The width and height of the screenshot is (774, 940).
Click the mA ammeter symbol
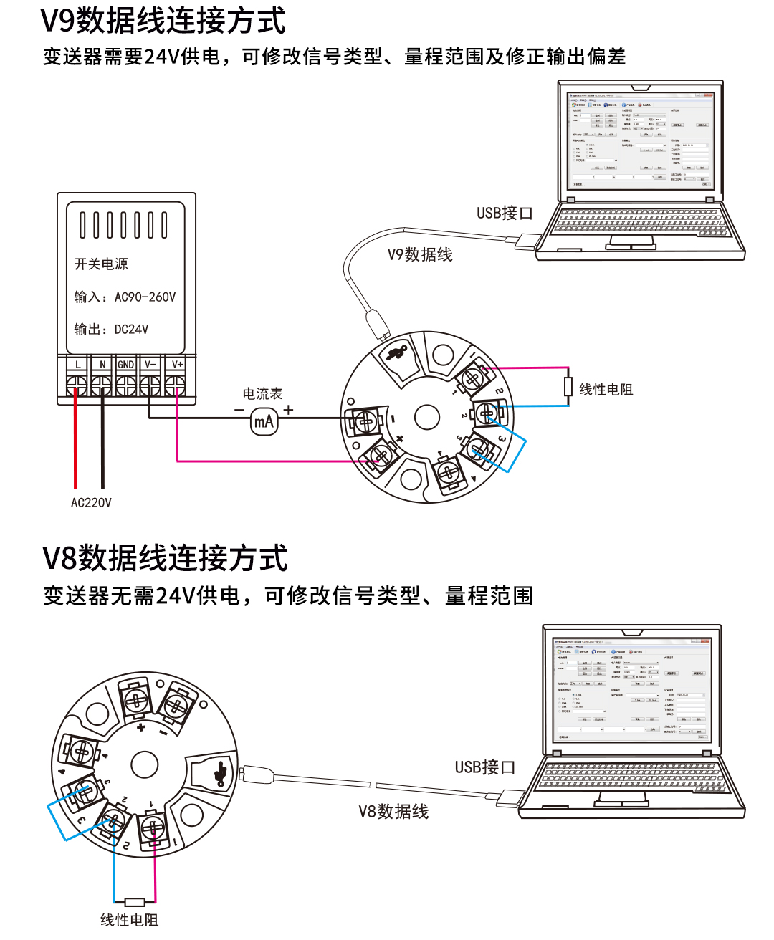click(264, 421)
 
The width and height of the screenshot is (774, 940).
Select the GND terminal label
click(126, 365)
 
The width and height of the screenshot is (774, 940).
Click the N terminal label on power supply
click(102, 365)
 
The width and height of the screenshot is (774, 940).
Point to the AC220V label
click(91, 503)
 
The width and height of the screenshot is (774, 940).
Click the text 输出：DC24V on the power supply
click(112, 330)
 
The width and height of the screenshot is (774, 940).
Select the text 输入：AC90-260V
click(125, 297)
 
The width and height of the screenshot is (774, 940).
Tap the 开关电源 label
click(101, 264)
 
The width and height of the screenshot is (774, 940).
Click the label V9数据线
click(420, 255)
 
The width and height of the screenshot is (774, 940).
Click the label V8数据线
click(393, 812)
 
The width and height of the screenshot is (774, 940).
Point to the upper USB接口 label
click(505, 214)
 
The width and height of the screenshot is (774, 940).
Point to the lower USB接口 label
click(485, 767)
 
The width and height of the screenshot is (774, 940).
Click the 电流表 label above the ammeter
click(262, 394)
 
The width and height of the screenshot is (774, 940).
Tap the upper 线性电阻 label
click(606, 390)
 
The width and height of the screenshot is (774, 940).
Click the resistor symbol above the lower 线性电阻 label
click(135, 902)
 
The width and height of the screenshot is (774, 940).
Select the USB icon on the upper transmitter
click(397, 353)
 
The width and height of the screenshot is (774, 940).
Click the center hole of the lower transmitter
click(144, 764)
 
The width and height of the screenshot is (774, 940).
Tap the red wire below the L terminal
click(75, 444)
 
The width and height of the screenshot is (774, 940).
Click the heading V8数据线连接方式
click(166, 559)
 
